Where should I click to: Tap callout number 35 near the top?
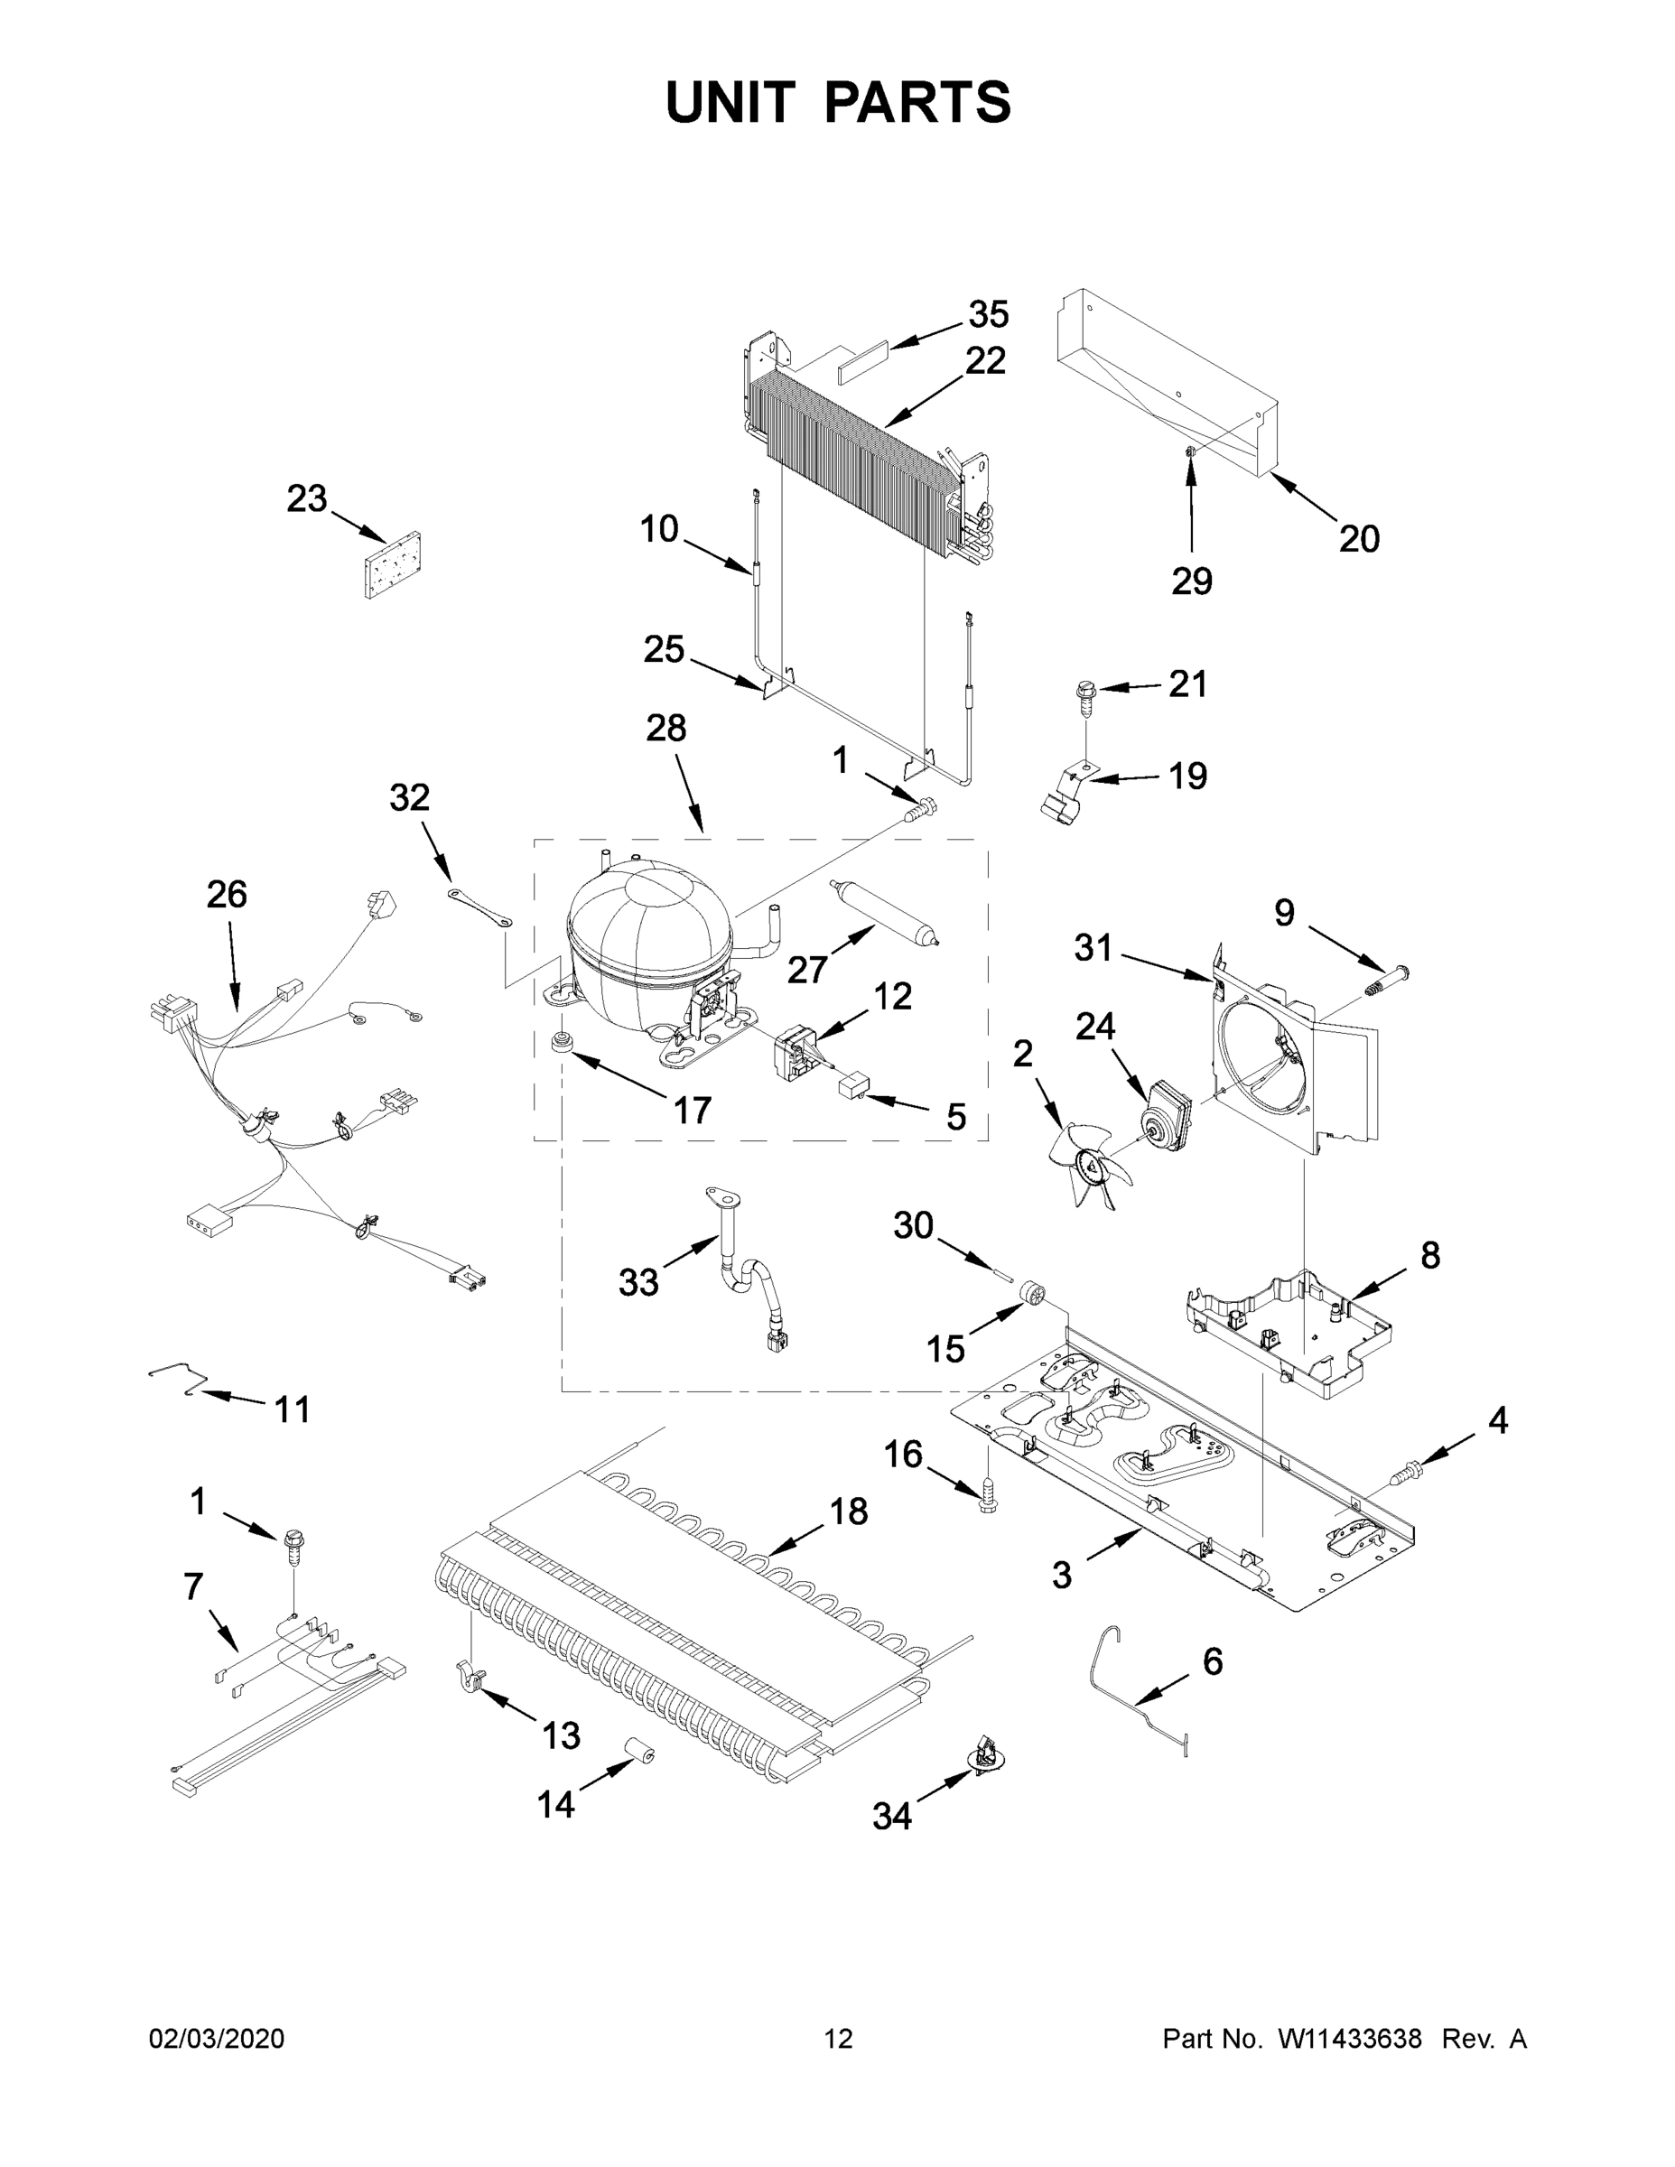click(x=989, y=313)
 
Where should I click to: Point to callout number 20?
click(x=1358, y=539)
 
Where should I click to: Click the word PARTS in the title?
click(x=918, y=102)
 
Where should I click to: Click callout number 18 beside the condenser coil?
click(x=849, y=1511)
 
